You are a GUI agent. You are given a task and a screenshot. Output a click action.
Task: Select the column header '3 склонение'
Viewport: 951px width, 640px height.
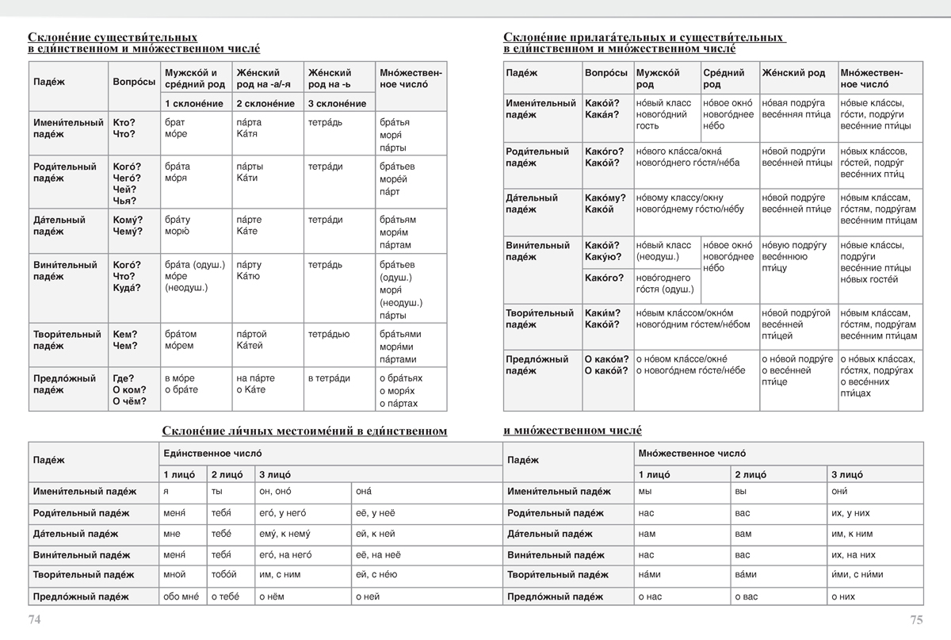tap(337, 104)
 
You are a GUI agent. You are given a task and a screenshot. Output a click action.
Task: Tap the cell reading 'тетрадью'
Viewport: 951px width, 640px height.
tap(329, 335)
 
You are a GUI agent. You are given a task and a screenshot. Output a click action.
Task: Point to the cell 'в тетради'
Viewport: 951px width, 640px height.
tap(329, 378)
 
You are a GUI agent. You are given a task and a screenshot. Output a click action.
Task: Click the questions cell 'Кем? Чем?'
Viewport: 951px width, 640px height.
tap(125, 340)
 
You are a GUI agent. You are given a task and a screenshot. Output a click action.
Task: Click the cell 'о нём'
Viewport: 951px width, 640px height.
tap(273, 596)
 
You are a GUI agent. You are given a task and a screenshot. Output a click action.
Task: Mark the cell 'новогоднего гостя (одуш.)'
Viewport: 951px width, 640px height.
tap(664, 284)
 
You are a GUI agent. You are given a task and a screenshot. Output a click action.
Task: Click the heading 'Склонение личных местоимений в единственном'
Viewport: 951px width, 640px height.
tap(304, 431)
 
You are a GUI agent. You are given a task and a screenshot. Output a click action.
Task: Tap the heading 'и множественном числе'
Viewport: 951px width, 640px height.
tap(572, 431)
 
